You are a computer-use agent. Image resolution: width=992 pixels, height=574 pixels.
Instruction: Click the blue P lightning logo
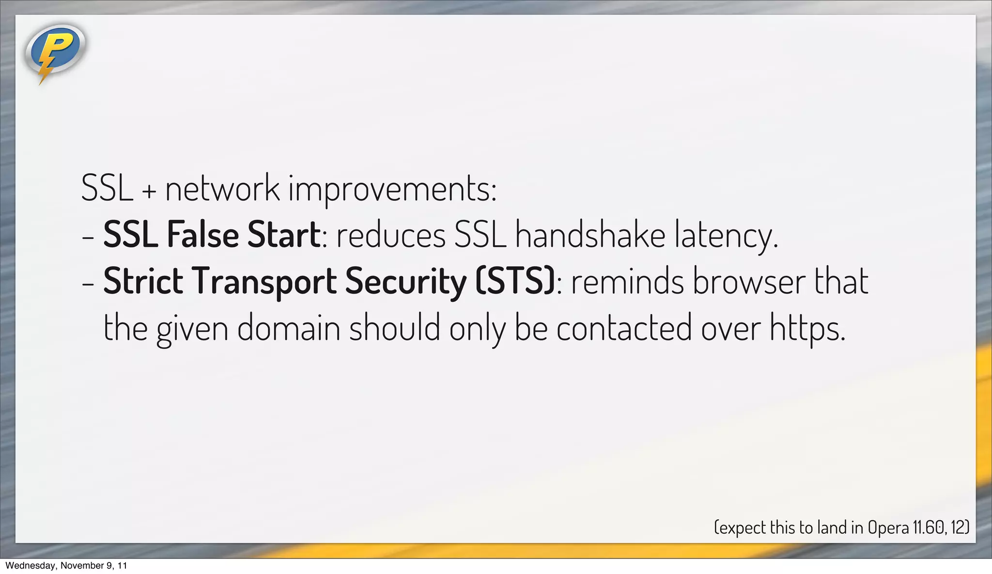click(55, 51)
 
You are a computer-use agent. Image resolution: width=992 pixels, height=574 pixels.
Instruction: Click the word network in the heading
click(222, 188)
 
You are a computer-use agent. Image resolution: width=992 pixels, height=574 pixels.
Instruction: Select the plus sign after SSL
click(149, 191)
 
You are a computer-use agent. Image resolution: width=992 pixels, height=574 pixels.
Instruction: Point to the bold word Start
click(283, 235)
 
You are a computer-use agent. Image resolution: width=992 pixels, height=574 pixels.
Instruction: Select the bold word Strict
click(143, 281)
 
